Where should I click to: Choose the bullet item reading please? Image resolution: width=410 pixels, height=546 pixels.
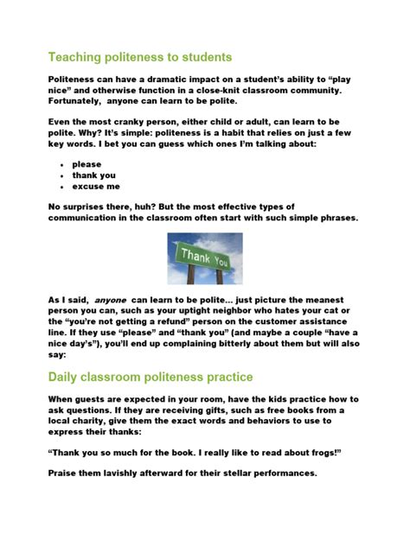click(86, 163)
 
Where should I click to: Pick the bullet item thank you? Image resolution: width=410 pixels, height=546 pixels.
click(93, 175)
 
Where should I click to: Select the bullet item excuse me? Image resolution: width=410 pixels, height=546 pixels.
click(96, 186)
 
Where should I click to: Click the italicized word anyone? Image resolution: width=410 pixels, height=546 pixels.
click(110, 300)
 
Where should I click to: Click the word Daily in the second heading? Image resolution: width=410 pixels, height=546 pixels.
click(67, 377)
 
